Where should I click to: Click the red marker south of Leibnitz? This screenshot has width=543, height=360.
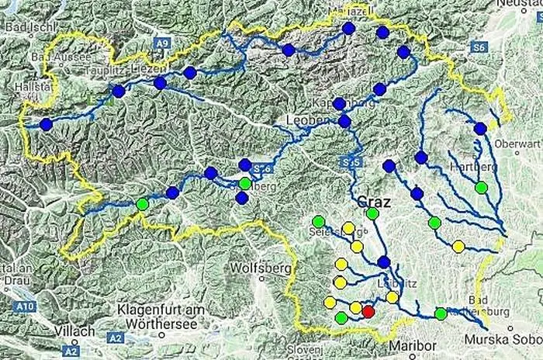tap(368, 311)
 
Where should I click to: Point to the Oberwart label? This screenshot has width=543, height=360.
tap(518, 144)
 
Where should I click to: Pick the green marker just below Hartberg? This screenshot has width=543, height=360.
tap(481, 187)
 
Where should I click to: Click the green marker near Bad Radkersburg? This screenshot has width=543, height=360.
tap(441, 313)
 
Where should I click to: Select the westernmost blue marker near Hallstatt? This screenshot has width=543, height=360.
tap(46, 124)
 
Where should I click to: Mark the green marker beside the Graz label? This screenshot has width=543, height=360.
tap(372, 213)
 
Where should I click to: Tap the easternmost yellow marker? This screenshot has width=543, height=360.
tap(458, 247)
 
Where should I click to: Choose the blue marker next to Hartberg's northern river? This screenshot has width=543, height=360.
tap(480, 128)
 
